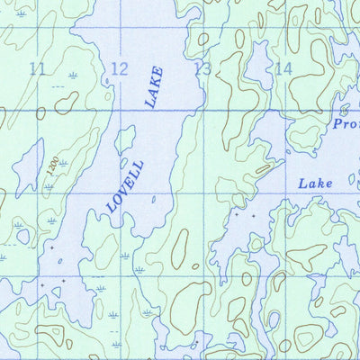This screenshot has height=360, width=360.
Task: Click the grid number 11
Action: (37, 68)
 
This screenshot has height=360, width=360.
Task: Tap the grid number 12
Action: (119, 68)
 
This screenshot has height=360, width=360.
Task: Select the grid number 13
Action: (202, 68)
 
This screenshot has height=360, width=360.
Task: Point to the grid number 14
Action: (283, 68)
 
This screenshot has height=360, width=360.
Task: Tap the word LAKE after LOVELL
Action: (154, 88)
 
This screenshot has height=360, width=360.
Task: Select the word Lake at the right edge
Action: (315, 183)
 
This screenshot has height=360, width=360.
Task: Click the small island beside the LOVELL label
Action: (124, 140)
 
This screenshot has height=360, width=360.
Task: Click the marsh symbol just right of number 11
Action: (72, 76)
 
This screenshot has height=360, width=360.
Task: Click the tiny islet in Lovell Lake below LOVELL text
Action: (153, 200)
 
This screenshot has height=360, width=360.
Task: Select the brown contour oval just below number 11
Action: (65, 103)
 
